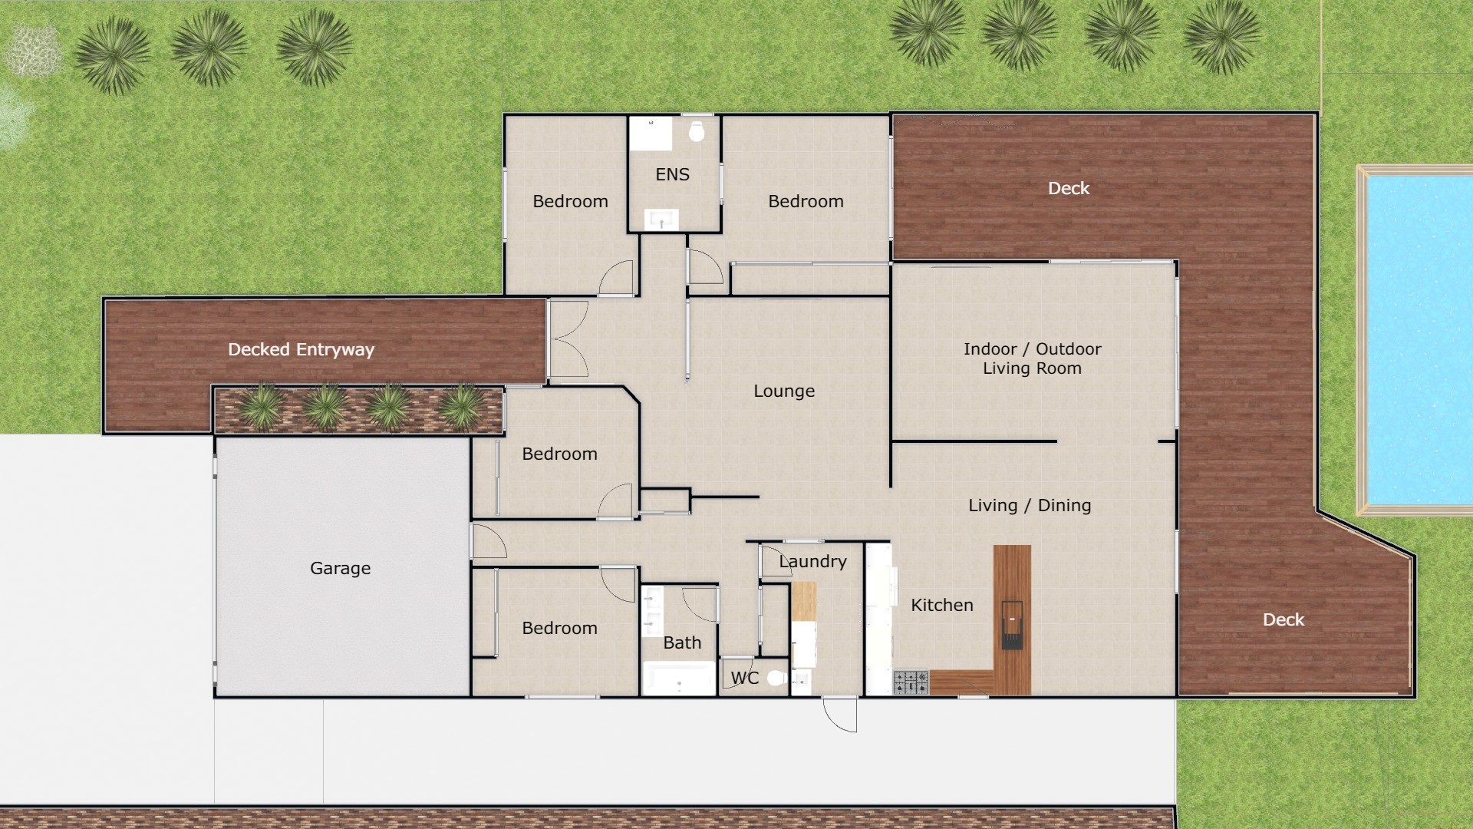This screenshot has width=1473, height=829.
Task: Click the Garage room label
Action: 340,568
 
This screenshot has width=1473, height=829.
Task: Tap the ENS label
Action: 672,174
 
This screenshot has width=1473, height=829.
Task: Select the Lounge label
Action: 784,391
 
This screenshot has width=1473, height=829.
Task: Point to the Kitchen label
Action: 941,605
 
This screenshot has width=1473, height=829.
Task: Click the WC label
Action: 744,678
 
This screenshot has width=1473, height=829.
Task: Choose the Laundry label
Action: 812,561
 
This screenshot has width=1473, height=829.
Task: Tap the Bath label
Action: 682,642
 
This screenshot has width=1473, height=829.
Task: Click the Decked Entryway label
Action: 301,350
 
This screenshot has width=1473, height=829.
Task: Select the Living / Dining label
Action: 1029,505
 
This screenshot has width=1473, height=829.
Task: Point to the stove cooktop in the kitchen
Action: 911,682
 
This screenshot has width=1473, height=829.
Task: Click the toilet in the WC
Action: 776,678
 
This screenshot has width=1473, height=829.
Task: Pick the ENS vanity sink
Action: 661,220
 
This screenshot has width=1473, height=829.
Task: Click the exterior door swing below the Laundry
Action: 840,715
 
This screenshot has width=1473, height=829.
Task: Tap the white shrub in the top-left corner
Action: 32,50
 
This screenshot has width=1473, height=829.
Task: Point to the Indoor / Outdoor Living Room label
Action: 1032,358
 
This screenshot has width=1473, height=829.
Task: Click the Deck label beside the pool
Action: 1283,619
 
